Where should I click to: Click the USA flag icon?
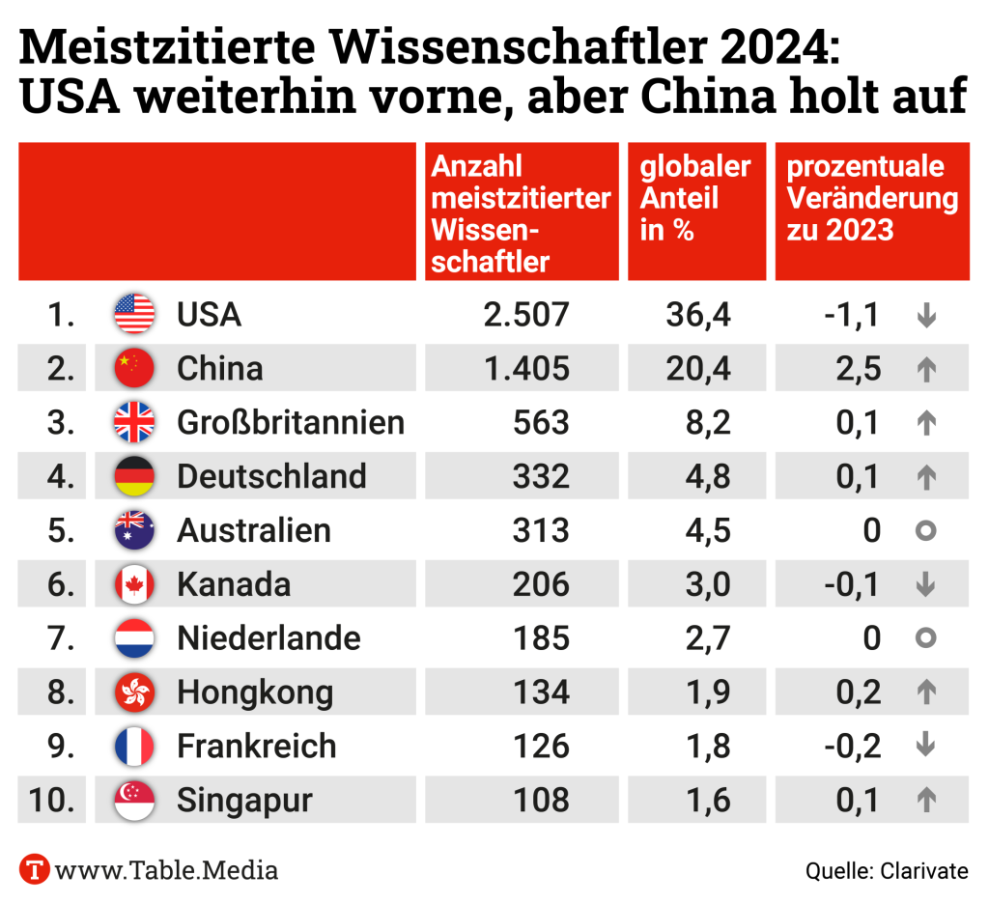click(134, 315)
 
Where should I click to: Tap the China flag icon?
click(134, 369)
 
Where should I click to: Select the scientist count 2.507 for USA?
click(527, 315)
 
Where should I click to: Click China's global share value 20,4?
click(697, 369)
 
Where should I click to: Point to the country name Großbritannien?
click(290, 423)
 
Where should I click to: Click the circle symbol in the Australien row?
click(925, 530)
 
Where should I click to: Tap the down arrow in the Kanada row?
click(925, 584)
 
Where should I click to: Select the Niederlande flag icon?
click(134, 638)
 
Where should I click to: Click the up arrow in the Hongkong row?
click(925, 692)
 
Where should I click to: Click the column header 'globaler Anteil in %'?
click(695, 199)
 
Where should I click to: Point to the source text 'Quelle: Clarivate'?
click(887, 870)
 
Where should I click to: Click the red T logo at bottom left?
click(35, 869)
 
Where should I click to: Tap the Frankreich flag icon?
click(134, 746)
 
